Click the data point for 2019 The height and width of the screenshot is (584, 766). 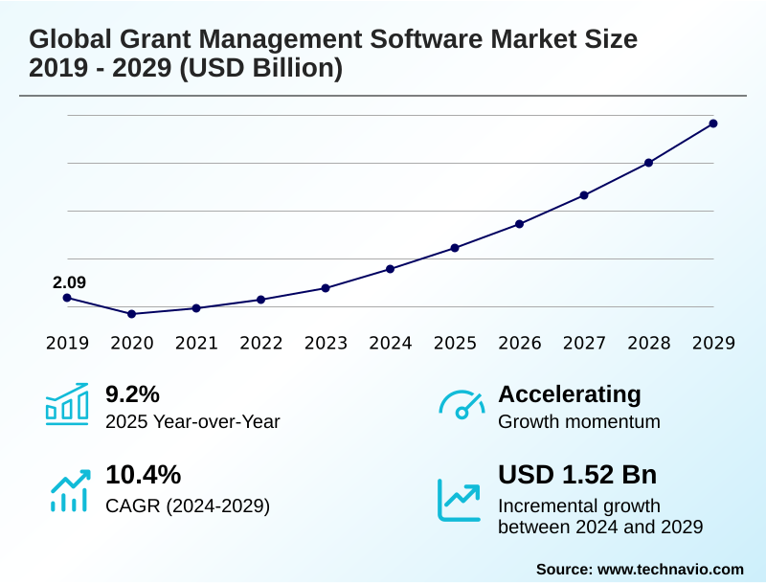coord(67,298)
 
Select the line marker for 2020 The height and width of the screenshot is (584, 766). coord(131,314)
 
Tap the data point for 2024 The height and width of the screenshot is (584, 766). coord(390,269)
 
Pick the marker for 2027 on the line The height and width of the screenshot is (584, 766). coord(584,195)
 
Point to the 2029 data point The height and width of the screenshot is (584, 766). coord(713,124)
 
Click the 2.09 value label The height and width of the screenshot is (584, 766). coord(69,282)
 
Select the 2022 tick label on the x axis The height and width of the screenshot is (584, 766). coord(260,343)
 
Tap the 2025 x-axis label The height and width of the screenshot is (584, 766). coord(455,343)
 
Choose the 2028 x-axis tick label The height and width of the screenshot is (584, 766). coord(648,343)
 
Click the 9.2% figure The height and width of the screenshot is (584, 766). coord(132,393)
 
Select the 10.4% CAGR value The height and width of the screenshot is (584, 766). coord(143,475)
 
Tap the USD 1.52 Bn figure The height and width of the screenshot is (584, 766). coord(577,475)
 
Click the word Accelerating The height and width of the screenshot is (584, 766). coord(570,393)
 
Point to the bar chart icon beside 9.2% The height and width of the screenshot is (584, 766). coord(67,404)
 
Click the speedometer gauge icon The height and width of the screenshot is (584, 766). coord(461,404)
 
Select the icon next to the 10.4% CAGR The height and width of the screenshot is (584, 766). coord(69,489)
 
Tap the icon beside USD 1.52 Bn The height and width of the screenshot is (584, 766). coord(460,499)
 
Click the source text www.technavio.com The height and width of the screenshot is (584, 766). coord(670,569)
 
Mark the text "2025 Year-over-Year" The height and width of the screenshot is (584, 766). coord(192,421)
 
